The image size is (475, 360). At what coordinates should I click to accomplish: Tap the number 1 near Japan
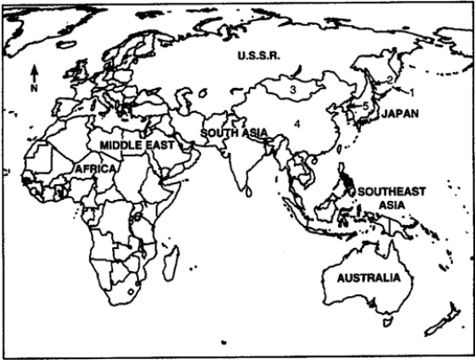[412, 92]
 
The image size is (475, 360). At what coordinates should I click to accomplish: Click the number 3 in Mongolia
[291, 89]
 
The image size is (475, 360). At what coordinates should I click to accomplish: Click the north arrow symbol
[34, 70]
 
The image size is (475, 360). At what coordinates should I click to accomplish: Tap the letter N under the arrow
[34, 88]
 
